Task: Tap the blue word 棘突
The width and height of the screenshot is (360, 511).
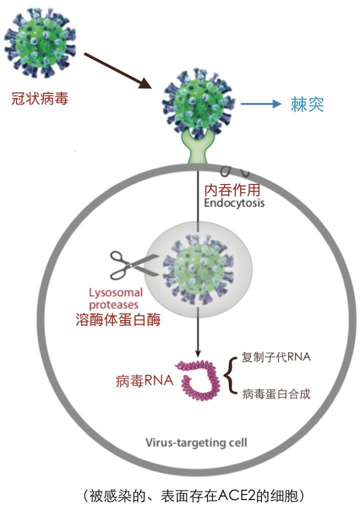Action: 307,104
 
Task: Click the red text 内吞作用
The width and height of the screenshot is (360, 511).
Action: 232,190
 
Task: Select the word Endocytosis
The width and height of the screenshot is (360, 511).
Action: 234,203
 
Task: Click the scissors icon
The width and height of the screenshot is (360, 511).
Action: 131,264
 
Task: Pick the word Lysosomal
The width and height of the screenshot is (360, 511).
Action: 115,293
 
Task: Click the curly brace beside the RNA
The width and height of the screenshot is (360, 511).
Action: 230,375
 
